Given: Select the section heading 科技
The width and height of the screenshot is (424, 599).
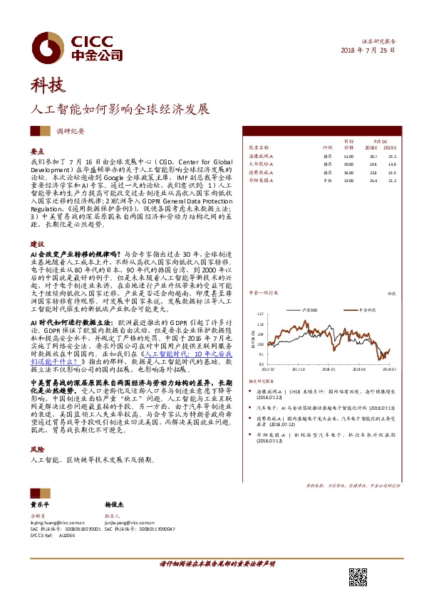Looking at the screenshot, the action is tap(48, 87).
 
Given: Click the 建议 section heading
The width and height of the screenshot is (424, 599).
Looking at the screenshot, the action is tap(37, 243).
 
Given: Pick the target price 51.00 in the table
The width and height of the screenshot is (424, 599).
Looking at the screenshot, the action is tap(348, 154).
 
